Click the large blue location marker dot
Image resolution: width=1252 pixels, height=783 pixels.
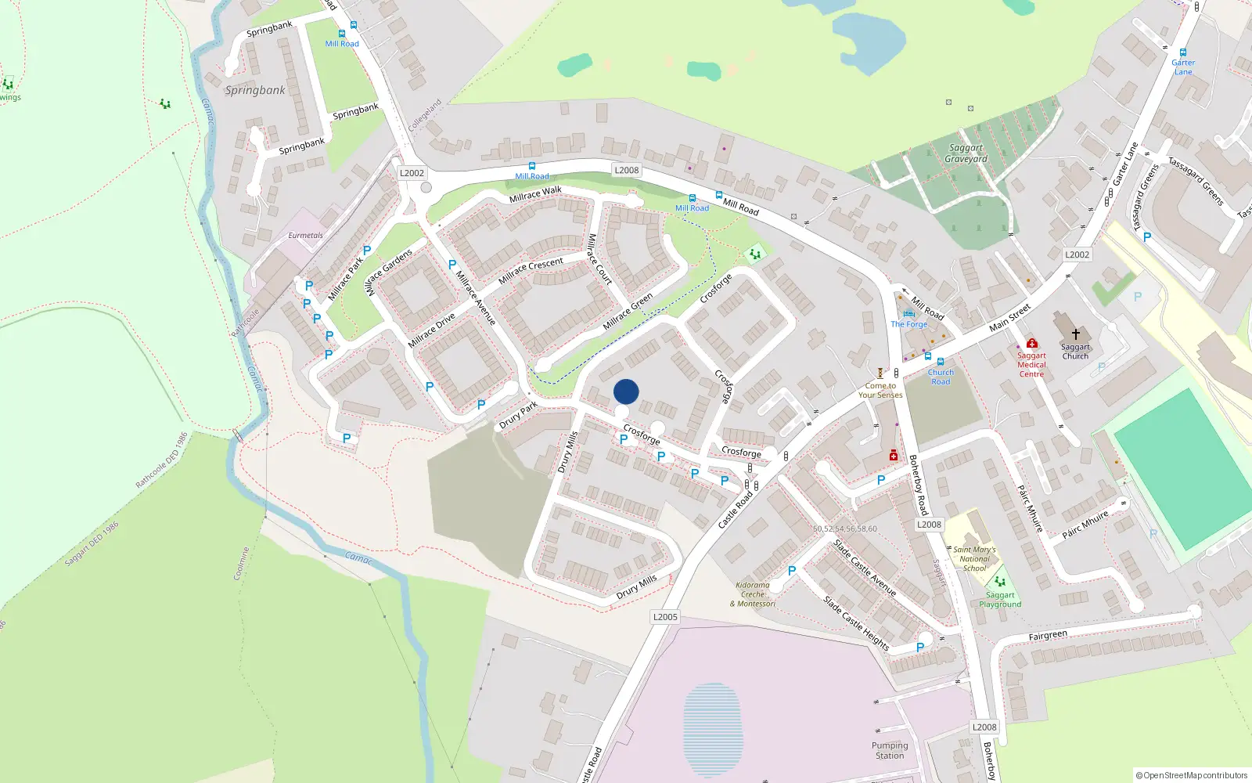(x=626, y=391)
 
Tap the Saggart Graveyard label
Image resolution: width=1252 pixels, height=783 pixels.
(x=966, y=153)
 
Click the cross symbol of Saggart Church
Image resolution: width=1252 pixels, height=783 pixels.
(x=1075, y=334)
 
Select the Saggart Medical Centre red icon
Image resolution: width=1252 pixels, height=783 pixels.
(x=1031, y=343)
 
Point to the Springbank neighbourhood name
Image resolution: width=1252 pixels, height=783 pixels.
(x=255, y=90)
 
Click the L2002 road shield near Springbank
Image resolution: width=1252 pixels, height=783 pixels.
(x=412, y=173)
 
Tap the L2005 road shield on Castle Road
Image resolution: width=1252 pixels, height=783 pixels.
(x=665, y=617)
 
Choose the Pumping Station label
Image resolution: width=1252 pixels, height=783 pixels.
(x=890, y=750)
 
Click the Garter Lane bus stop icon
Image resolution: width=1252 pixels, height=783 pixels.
(x=1182, y=52)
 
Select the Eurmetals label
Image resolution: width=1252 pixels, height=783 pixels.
(x=305, y=235)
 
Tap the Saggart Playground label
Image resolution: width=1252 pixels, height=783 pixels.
(x=1000, y=600)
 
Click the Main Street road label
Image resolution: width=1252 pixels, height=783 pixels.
(x=1009, y=316)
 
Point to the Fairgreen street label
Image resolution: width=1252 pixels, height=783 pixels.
(x=1047, y=636)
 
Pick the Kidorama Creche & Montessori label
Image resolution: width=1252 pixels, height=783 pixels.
(x=753, y=594)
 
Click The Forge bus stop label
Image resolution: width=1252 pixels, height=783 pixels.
(x=908, y=324)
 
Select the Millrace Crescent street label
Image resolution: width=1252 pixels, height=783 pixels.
(x=531, y=270)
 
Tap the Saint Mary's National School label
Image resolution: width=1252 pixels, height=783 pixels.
(x=974, y=559)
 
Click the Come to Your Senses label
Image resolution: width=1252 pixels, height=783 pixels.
(x=880, y=390)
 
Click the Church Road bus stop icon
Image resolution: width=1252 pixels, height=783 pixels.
(x=941, y=362)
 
